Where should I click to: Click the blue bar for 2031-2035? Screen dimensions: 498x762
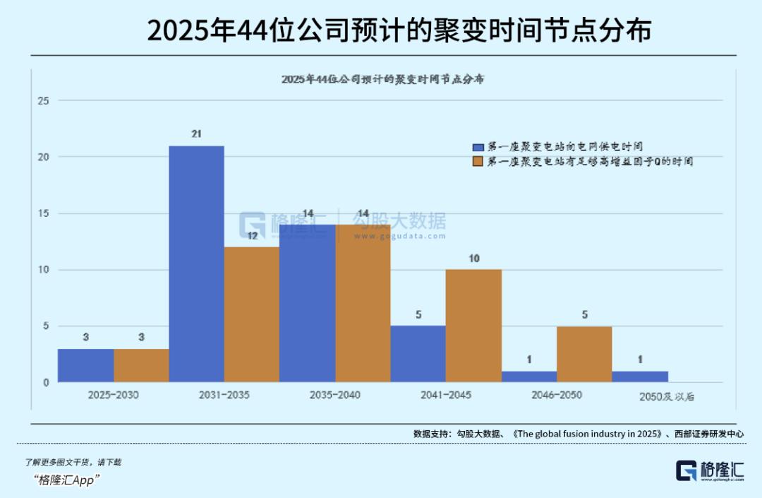[x=197, y=264]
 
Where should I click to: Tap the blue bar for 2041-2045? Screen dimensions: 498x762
[x=418, y=354]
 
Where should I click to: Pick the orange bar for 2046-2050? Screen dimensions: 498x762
[x=584, y=354]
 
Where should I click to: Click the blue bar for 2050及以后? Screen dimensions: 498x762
[x=639, y=377]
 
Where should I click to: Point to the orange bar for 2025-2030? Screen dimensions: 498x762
[x=141, y=365]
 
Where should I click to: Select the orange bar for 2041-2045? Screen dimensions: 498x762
[x=474, y=326]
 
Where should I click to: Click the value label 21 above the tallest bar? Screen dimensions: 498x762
[x=197, y=134]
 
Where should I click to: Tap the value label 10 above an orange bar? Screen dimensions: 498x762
[x=474, y=259]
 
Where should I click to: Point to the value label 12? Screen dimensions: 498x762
[x=252, y=236]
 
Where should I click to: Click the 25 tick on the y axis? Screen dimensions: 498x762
[x=43, y=101]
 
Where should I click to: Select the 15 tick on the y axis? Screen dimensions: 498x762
[x=43, y=213]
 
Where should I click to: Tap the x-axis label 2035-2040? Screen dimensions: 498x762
[x=335, y=395]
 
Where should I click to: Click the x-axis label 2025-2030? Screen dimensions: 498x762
[x=113, y=395]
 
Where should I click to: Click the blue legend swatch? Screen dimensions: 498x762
[x=478, y=147]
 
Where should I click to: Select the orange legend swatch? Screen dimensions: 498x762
[x=478, y=162]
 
